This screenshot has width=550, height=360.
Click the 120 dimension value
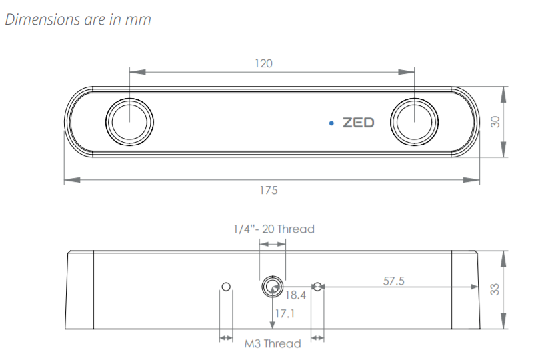pyautogui.click(x=264, y=64)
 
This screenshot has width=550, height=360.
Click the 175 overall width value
pyautogui.click(x=269, y=190)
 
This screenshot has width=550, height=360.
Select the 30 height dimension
pyautogui.click(x=495, y=122)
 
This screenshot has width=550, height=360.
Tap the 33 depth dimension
pyautogui.click(x=495, y=289)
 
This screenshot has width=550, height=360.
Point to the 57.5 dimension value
pyautogui.click(x=394, y=281)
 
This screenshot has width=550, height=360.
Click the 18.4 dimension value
pyautogui.click(x=295, y=295)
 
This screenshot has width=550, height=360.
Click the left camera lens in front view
pyautogui.click(x=129, y=122)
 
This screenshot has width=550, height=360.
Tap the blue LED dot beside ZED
pyautogui.click(x=331, y=123)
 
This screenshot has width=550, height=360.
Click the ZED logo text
pyautogui.click(x=359, y=123)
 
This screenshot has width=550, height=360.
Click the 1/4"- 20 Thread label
pyautogui.click(x=274, y=229)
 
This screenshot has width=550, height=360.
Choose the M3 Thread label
pyautogui.click(x=273, y=344)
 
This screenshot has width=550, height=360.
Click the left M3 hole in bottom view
pyautogui.click(x=226, y=287)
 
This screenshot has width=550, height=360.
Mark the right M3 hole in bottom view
pyautogui.click(x=317, y=287)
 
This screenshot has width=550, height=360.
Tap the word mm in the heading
pyautogui.click(x=140, y=19)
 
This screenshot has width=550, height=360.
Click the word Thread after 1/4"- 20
pyautogui.click(x=295, y=229)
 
